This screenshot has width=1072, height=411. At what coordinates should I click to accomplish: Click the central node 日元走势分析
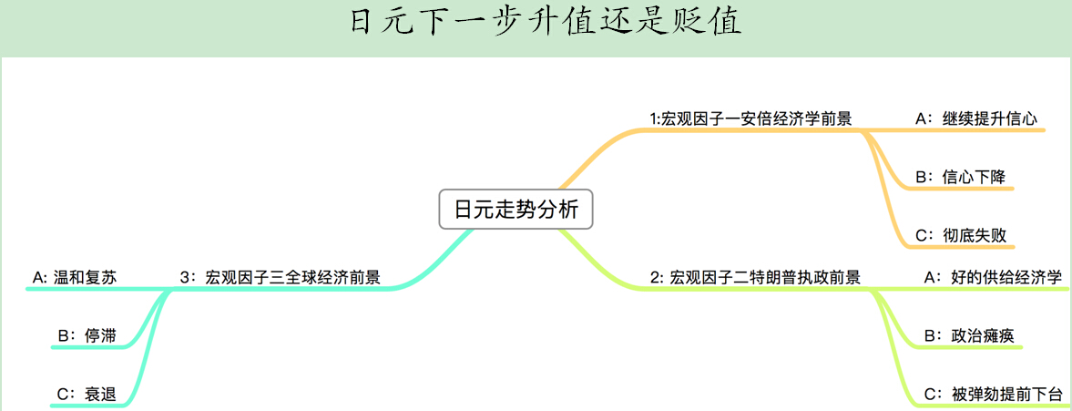(x=516, y=210)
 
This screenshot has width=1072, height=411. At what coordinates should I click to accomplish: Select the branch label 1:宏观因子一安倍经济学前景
(x=750, y=118)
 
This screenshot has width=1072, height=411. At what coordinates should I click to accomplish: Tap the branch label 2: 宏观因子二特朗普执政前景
(x=755, y=277)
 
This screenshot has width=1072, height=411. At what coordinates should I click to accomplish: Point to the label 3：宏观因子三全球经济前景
(x=281, y=277)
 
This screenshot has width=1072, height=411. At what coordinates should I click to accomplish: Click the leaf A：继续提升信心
(x=976, y=118)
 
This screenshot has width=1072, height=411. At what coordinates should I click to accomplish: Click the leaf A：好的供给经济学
(x=993, y=277)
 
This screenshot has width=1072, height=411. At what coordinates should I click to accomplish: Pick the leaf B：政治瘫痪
(x=969, y=335)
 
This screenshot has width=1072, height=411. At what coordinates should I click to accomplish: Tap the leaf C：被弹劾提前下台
(x=993, y=394)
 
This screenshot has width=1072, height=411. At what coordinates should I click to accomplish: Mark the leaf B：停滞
(x=87, y=335)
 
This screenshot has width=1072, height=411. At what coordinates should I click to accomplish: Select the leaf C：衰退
(x=87, y=394)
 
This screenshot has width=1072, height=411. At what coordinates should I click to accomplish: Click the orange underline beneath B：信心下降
(x=965, y=190)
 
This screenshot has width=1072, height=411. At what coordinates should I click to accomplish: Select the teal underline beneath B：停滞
(x=91, y=348)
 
